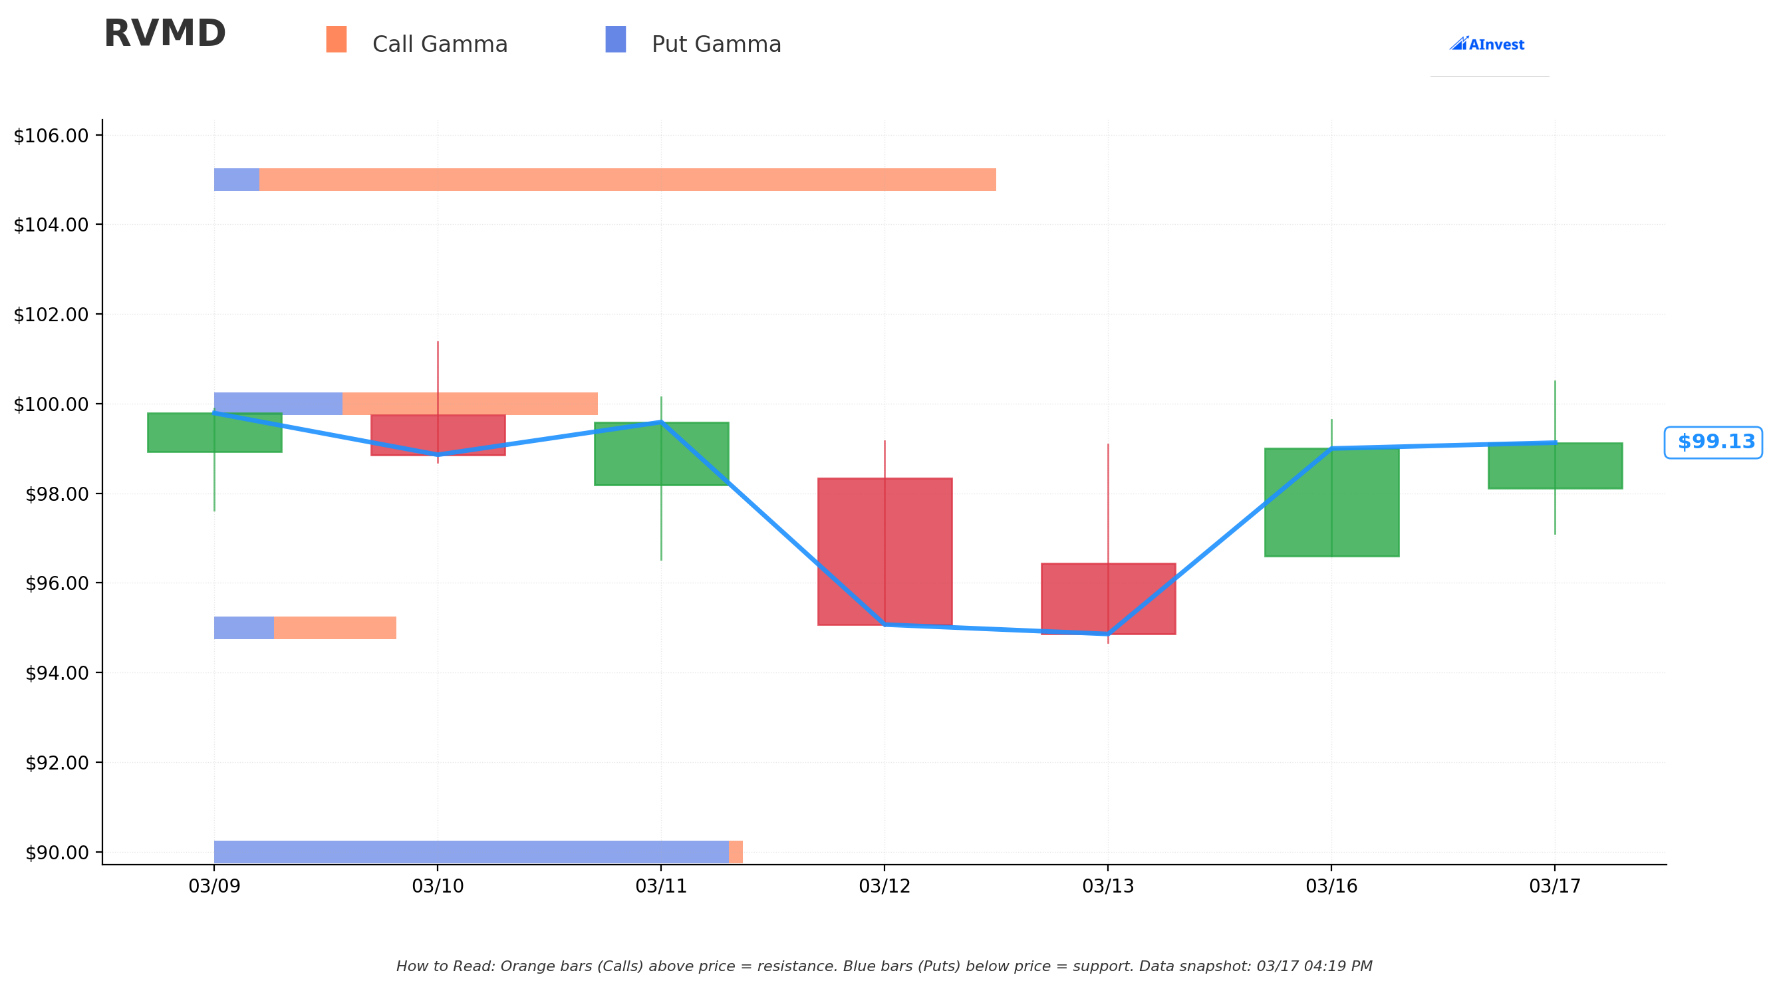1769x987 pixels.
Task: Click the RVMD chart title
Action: click(x=164, y=34)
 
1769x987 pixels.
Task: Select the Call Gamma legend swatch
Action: click(x=336, y=39)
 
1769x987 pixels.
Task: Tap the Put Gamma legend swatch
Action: click(x=615, y=39)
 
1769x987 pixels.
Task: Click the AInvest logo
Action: click(x=1487, y=44)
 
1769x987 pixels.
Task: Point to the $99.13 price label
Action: click(x=1713, y=442)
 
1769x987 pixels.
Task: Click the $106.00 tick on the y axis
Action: click(x=51, y=136)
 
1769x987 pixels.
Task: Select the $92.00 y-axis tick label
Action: click(x=57, y=762)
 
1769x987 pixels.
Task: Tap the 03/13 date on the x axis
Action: click(x=1108, y=886)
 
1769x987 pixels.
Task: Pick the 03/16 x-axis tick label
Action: click(x=1331, y=886)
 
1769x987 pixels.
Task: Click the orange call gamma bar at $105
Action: click(x=628, y=180)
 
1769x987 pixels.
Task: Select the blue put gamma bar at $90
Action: click(x=471, y=852)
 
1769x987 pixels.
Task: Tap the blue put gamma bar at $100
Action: click(x=278, y=403)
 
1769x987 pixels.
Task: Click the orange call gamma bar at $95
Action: click(x=335, y=628)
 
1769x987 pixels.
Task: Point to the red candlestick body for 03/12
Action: click(x=884, y=551)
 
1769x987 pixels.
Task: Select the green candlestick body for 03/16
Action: click(x=1331, y=502)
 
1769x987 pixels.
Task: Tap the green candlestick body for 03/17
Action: click(x=1555, y=466)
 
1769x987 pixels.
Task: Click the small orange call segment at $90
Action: click(x=736, y=852)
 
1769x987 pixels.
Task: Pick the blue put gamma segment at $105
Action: click(x=237, y=180)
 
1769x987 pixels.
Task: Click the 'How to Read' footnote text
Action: click(x=884, y=966)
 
